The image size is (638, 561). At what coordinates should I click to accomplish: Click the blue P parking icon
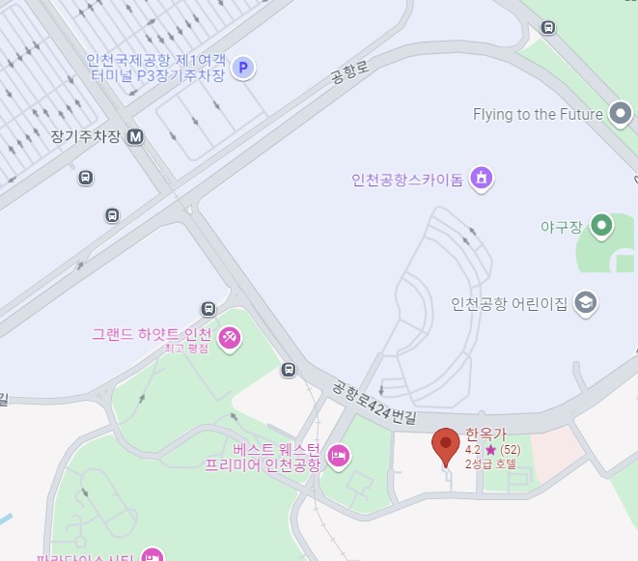coord(244,69)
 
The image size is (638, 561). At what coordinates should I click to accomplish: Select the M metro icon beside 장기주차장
coord(135,137)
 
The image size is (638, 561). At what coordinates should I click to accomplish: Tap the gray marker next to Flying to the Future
coord(621,115)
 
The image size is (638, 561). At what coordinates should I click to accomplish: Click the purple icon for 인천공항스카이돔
coord(481,178)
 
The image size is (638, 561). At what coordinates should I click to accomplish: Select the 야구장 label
coord(562,228)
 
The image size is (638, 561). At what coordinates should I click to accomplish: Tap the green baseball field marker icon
coord(602,227)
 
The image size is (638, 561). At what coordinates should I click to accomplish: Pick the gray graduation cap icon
coord(585,303)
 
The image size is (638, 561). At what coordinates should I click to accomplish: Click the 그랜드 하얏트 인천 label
coord(153,335)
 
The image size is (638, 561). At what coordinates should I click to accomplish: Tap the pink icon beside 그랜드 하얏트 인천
coord(231,338)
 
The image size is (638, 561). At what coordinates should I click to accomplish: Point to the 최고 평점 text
coord(185,349)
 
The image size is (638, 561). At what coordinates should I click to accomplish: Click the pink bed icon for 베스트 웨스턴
coord(338,455)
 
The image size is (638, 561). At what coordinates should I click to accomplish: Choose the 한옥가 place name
coord(485,435)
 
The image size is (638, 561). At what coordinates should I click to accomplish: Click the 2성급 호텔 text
coord(490,464)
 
